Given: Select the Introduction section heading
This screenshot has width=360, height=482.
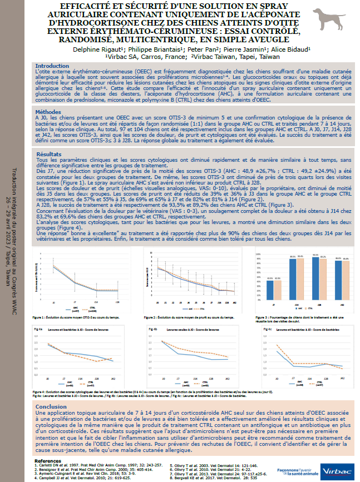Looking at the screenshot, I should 52,66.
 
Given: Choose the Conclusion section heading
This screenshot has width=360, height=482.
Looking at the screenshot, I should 52,406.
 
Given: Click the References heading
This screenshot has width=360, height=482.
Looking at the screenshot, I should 50,461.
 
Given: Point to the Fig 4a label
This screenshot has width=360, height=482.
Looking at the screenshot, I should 38,330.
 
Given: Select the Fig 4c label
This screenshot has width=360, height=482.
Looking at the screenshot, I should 266,330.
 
